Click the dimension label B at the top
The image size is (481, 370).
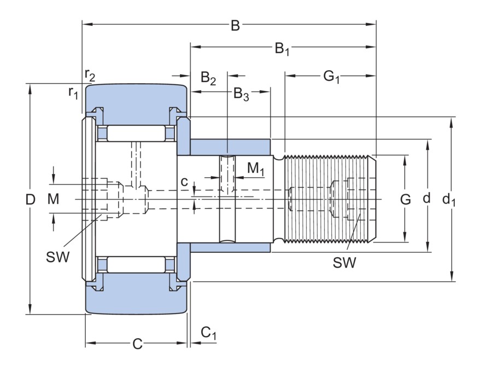tap(235, 25)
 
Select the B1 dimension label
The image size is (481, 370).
tap(282, 49)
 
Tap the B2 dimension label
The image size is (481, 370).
tap(208, 78)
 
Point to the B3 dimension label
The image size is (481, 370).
tap(241, 94)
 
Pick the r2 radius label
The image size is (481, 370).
tap(90, 74)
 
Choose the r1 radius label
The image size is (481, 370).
tap(74, 92)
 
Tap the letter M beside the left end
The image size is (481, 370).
tap(52, 200)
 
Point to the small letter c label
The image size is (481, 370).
tap(185, 181)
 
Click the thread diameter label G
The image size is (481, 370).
tap(405, 200)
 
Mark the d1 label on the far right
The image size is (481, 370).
tap(449, 200)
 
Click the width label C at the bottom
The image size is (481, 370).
tap(137, 344)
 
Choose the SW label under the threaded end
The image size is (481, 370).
tap(344, 263)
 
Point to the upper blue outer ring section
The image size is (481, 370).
tap(137, 101)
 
